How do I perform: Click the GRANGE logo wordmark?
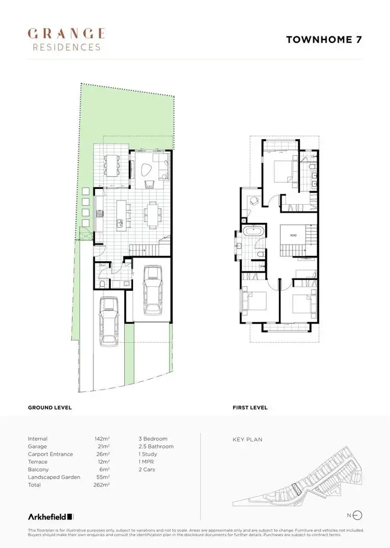pyautogui.click(x=66, y=34)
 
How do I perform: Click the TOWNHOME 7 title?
pyautogui.click(x=323, y=39)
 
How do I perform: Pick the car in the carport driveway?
pyautogui.click(x=109, y=322)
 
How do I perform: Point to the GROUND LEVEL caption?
pyautogui.click(x=50, y=408)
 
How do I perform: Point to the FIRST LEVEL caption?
pyautogui.click(x=250, y=408)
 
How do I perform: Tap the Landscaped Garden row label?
pyautogui.click(x=54, y=477)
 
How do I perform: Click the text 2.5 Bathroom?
pyautogui.click(x=156, y=446)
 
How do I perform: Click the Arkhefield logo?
pyautogui.click(x=51, y=516)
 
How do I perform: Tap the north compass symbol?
pyautogui.click(x=357, y=515)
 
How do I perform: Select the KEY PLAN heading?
pyautogui.click(x=248, y=439)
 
